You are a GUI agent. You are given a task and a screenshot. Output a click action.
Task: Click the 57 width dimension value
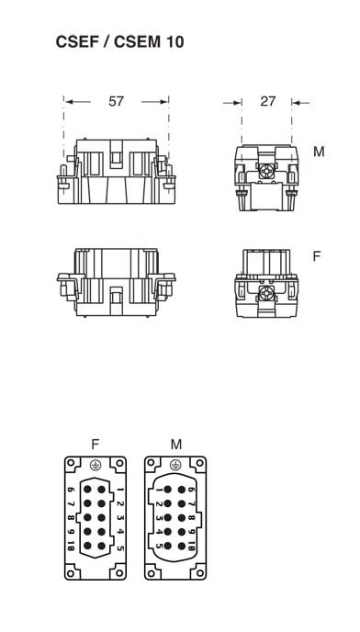[116, 101]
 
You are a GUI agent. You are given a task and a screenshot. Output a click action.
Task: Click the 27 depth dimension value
[267, 101]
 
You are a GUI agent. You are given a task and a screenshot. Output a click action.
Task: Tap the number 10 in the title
[174, 42]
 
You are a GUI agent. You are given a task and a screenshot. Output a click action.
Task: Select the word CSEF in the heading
[77, 42]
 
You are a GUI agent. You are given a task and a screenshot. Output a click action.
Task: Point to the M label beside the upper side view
[319, 152]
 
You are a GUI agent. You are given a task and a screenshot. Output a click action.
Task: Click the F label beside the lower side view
[317, 256]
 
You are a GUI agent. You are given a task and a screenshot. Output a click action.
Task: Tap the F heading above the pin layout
[96, 445]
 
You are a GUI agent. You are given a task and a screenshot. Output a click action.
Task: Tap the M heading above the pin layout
[176, 445]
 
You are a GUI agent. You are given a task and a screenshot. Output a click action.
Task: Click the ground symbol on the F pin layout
[96, 465]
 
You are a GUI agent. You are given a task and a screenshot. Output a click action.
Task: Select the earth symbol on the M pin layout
[175, 465]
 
